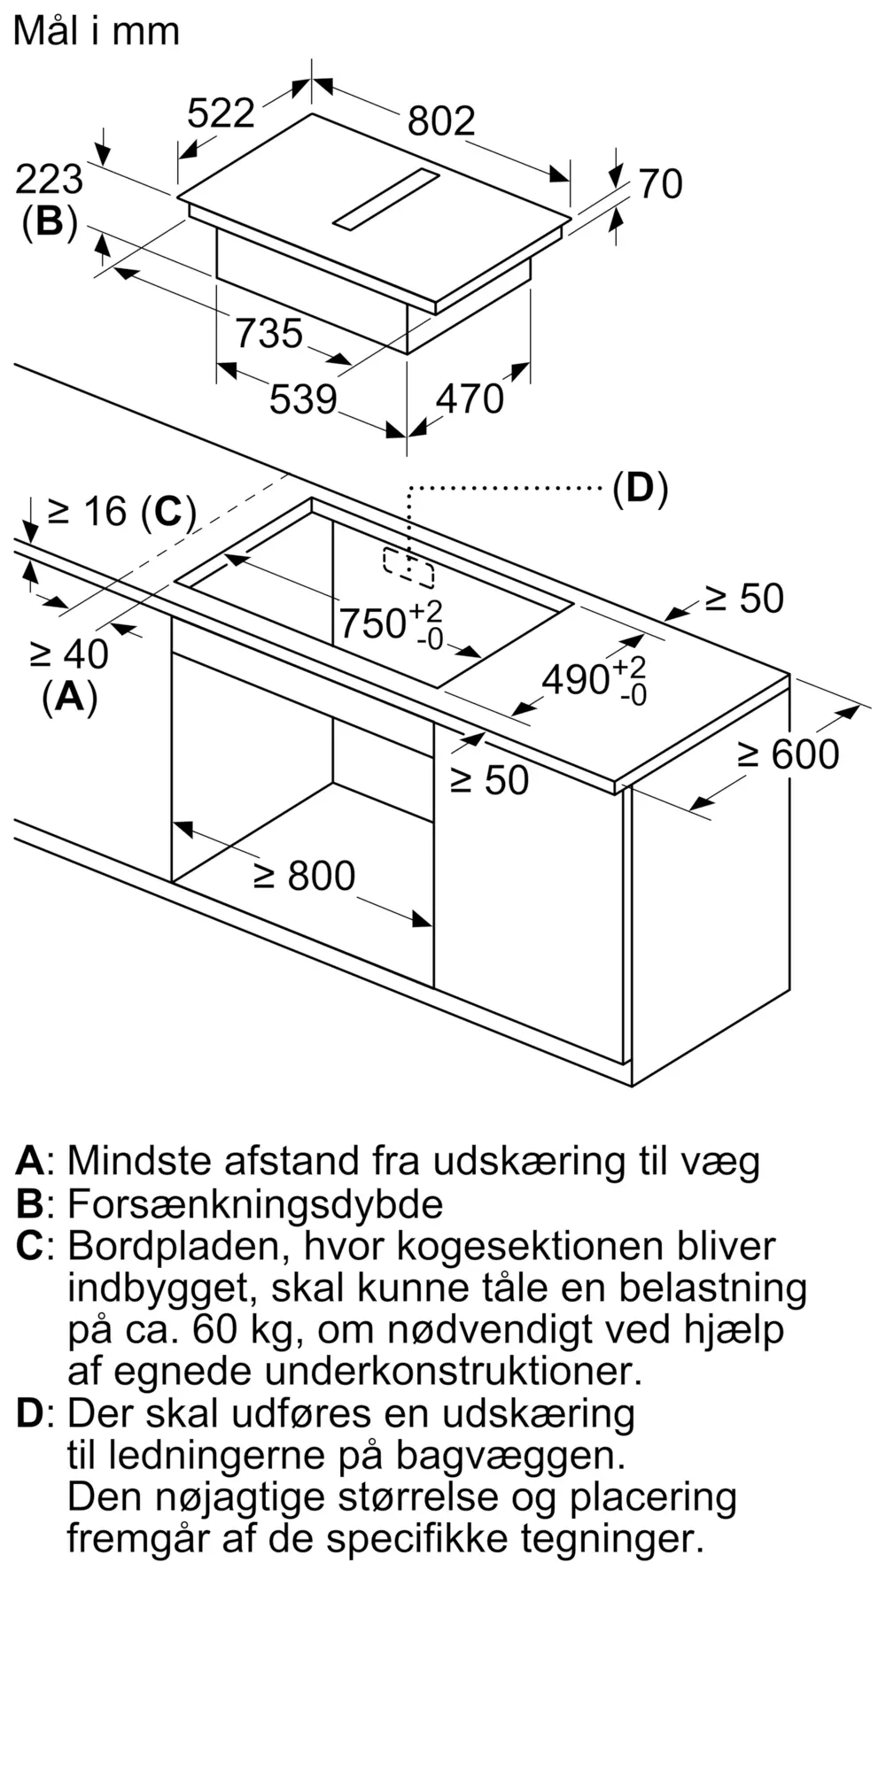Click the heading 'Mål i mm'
click(x=97, y=32)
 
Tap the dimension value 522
click(x=221, y=113)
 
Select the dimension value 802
click(x=441, y=120)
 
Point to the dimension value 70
click(x=660, y=184)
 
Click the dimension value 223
click(x=49, y=180)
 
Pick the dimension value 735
click(x=269, y=334)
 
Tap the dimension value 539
click(x=303, y=399)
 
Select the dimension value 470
click(x=470, y=399)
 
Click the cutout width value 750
click(x=373, y=623)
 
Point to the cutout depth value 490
click(x=576, y=679)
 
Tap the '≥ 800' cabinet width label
click(x=304, y=876)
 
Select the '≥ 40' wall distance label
click(x=69, y=654)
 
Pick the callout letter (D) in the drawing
click(x=640, y=488)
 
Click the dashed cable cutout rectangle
click(x=408, y=568)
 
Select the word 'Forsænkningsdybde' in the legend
click(x=255, y=1203)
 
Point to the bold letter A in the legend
click(x=30, y=1161)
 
